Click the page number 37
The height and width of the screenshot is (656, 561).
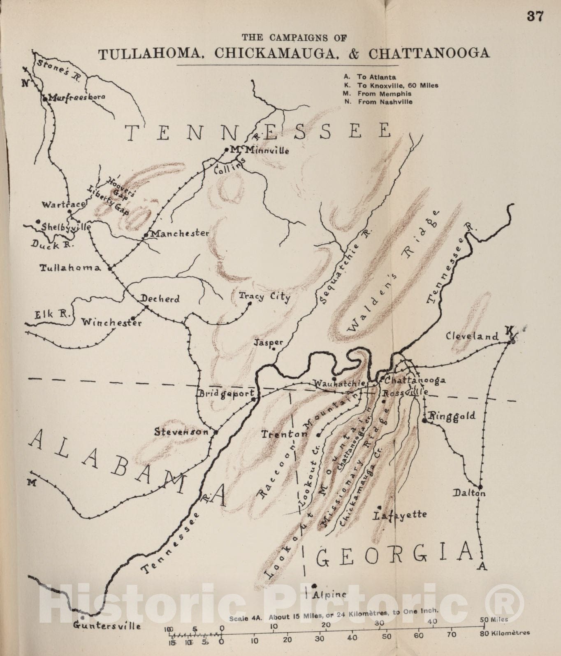[x=535, y=16]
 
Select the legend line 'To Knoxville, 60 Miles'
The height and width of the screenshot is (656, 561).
[x=397, y=86]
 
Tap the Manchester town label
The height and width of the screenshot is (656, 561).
[x=180, y=233]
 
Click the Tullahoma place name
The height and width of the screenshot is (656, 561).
[x=70, y=268]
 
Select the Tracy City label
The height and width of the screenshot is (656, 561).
[x=264, y=296]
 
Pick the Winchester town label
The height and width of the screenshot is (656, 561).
[x=111, y=322]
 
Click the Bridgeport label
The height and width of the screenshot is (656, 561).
[x=226, y=393]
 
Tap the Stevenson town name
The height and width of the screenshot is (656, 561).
[x=182, y=432]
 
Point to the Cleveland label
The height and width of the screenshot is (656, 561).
[x=472, y=336]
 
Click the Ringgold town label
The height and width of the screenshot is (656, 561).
[x=452, y=416]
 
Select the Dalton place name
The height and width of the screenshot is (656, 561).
[x=469, y=493]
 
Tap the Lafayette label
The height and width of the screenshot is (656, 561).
[x=400, y=514]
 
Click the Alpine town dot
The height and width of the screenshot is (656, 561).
[x=314, y=586]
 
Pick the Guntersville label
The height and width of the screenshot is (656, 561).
[x=107, y=626]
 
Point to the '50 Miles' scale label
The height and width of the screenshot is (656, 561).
[x=494, y=619]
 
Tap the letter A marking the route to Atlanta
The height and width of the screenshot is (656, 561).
[x=482, y=566]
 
